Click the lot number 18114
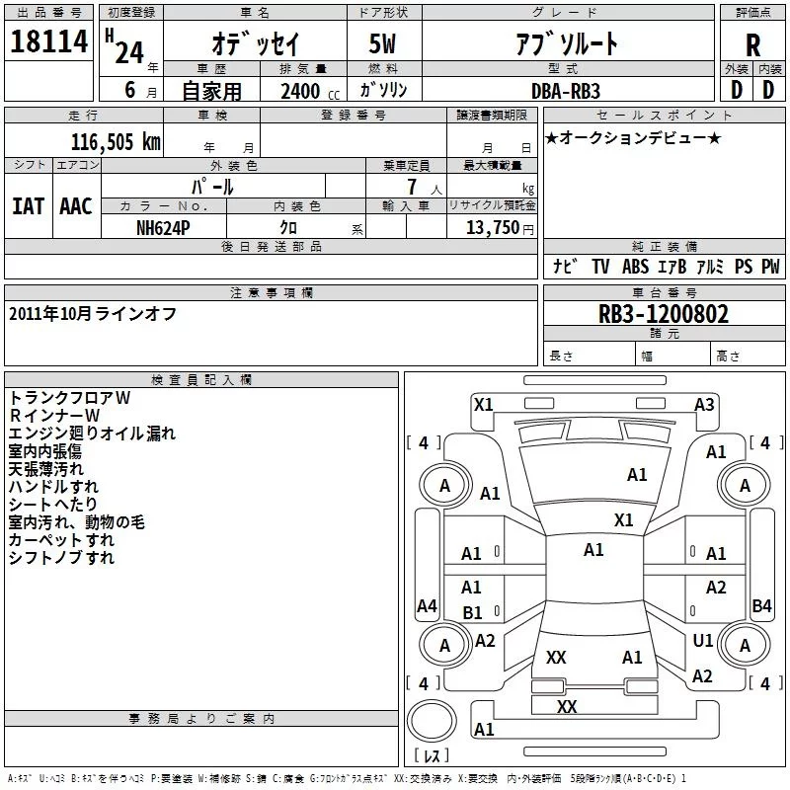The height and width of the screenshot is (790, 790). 48,41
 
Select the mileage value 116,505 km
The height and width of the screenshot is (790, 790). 116,142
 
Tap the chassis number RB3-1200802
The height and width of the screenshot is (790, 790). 663,314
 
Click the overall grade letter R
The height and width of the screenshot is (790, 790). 752,45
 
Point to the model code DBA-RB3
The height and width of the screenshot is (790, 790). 565,91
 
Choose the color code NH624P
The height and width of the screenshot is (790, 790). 163,228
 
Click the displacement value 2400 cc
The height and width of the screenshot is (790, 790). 310,91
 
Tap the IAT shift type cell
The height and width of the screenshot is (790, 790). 29,206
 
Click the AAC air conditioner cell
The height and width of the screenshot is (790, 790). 76,206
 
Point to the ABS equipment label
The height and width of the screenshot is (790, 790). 635,267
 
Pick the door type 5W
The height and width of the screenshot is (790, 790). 382,43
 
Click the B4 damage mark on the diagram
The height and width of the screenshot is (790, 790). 761,605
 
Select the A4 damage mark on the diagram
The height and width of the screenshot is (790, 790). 427,605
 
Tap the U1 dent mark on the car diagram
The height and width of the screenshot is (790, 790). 703,640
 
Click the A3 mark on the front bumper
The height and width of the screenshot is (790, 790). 704,405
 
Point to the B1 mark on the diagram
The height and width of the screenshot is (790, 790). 472,613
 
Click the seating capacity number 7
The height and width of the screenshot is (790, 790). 412,187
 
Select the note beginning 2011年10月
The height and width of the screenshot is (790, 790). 93,314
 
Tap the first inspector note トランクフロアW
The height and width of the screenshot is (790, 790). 69,398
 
